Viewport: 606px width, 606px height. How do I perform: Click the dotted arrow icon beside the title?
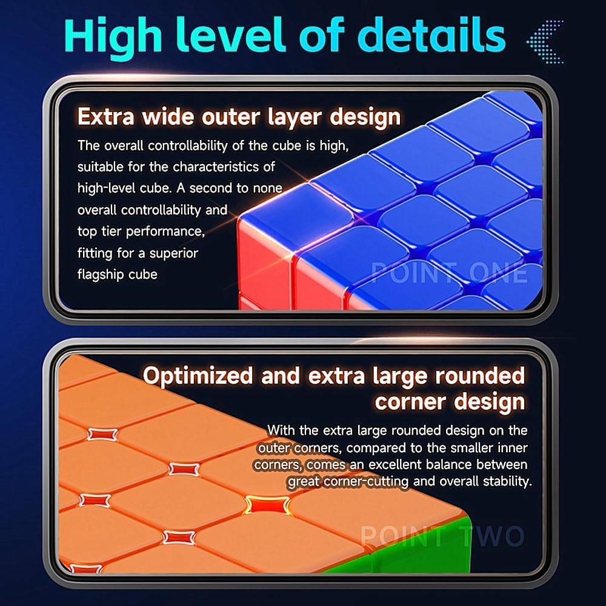(545, 41)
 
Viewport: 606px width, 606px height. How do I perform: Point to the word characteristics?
(224, 167)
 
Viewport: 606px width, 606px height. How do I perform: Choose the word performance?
(165, 231)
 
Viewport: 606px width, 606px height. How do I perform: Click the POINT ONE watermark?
(449, 273)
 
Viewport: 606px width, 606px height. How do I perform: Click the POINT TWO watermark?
(442, 536)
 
